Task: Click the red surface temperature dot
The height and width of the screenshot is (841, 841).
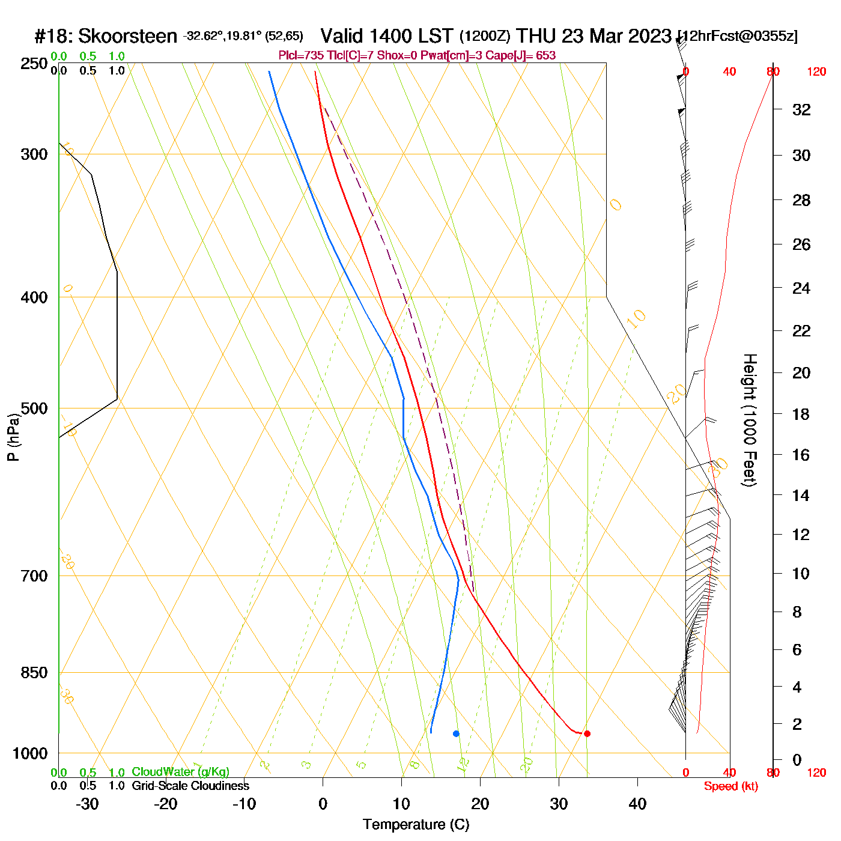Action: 587,733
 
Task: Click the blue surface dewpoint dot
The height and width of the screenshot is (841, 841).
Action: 456,733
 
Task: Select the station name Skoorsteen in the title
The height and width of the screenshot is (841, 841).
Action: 127,37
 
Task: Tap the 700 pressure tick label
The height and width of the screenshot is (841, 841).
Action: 34,575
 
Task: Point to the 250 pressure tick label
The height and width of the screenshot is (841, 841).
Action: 34,64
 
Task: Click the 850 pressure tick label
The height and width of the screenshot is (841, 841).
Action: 34,672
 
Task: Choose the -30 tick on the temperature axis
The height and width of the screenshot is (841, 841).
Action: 87,804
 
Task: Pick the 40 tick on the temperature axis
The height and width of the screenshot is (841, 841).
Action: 637,804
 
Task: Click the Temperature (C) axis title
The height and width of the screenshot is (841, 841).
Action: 416,825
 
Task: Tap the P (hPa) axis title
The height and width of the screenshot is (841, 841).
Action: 13,437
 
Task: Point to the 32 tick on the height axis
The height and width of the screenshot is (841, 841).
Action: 801,109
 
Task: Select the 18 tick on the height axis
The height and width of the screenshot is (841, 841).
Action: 801,414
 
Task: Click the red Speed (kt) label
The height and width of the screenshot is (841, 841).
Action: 730,786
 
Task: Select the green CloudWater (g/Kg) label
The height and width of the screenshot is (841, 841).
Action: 180,772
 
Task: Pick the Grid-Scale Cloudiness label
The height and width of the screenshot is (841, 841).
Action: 190,786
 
